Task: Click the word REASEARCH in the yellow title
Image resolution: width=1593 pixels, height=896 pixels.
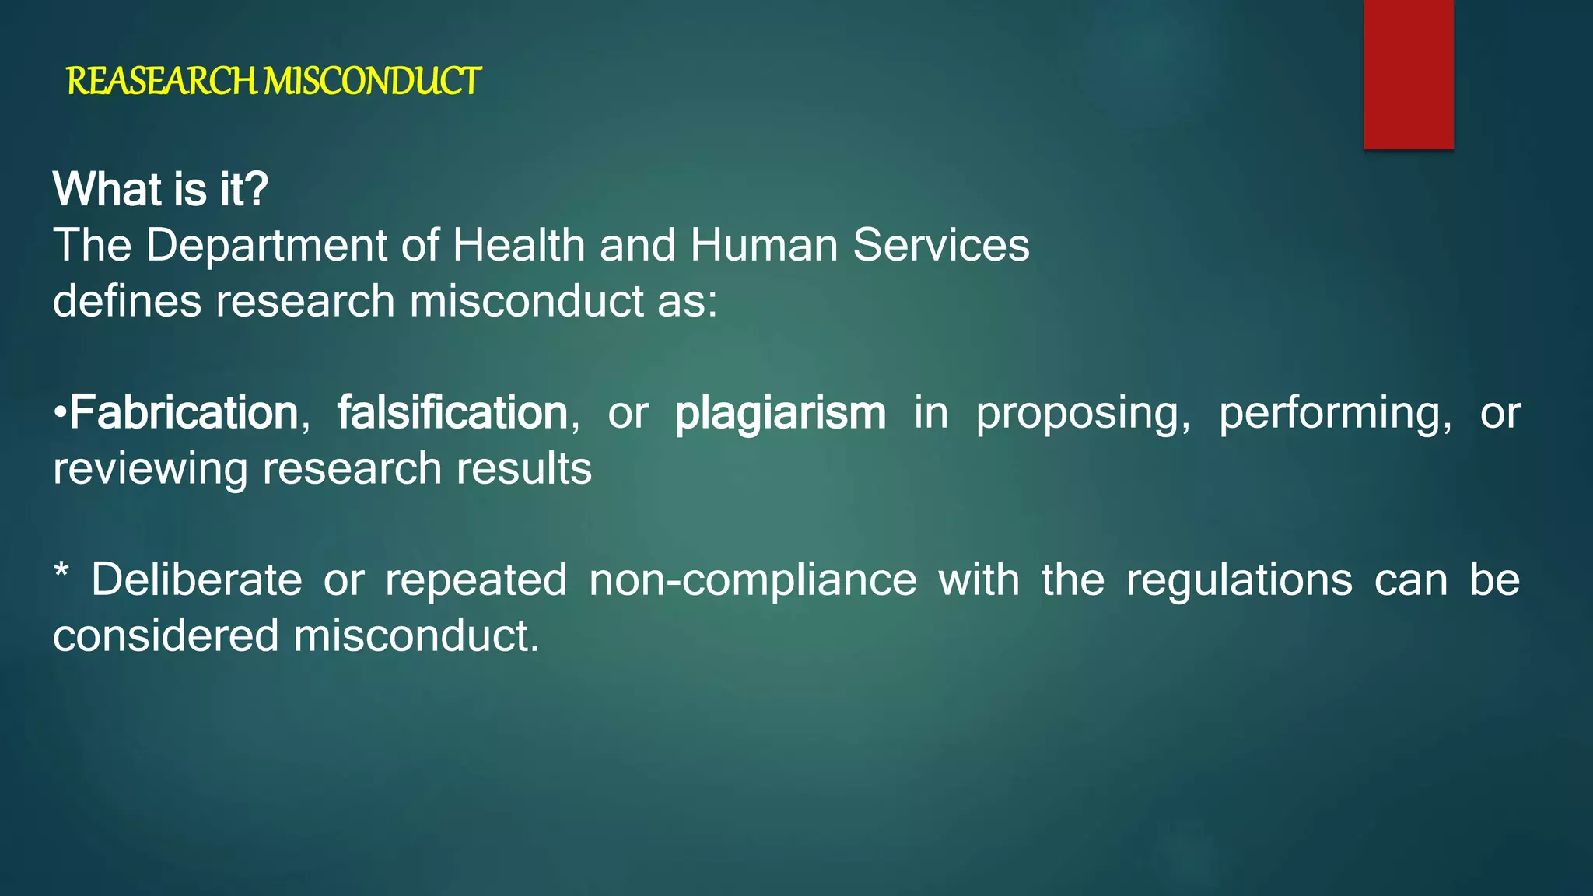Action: click(161, 82)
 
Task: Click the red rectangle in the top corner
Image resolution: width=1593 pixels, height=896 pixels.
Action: click(1408, 74)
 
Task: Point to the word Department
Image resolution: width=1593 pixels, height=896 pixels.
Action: click(266, 247)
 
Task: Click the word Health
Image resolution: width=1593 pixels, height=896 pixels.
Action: click(519, 246)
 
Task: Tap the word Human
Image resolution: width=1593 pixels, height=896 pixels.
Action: click(764, 246)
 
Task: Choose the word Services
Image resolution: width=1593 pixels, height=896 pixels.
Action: click(941, 246)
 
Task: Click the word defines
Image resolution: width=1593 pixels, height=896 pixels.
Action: click(127, 301)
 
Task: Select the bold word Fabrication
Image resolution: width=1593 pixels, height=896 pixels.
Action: click(184, 412)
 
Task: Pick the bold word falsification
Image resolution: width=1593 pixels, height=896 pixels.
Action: click(452, 412)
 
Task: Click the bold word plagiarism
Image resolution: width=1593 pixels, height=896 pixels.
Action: click(780, 414)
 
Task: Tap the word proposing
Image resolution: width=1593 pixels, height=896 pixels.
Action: click(1083, 414)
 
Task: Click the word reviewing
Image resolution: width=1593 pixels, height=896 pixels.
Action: click(149, 470)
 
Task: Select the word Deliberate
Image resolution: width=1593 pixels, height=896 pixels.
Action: click(197, 580)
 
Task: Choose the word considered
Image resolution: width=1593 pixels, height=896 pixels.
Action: click(166, 636)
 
